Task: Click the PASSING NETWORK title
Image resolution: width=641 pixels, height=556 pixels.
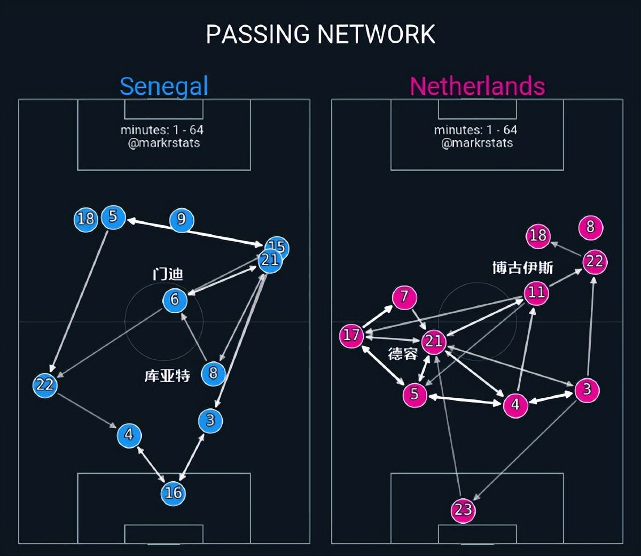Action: (x=320, y=34)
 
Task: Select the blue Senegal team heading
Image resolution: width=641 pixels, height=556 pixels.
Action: (x=163, y=87)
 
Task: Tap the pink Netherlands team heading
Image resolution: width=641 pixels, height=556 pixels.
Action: (x=477, y=86)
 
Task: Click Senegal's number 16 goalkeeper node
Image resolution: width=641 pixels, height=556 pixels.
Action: (x=173, y=492)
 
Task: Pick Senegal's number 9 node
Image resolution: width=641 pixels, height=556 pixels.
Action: (x=181, y=220)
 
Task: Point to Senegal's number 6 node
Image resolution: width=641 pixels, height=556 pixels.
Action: (x=175, y=299)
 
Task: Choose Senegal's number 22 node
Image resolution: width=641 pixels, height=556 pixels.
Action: (x=45, y=385)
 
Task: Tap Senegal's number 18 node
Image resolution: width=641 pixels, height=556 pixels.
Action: (x=85, y=219)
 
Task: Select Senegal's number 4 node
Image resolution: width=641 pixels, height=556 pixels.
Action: (x=129, y=435)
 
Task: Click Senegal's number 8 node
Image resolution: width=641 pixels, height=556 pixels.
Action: (x=213, y=373)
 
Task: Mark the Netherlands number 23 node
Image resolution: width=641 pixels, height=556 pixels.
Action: (x=463, y=510)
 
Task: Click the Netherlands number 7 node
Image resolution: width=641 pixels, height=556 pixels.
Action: (x=404, y=297)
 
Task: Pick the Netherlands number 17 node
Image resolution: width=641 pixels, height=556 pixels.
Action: (x=351, y=335)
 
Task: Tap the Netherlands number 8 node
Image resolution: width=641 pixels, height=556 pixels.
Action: (x=590, y=227)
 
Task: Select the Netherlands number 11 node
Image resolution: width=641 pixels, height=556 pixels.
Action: (x=536, y=292)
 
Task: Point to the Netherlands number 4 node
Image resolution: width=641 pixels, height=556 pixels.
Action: (x=515, y=405)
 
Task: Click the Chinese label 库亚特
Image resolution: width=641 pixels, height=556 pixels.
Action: (x=167, y=376)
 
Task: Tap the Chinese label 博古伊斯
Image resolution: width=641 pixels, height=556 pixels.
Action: (x=522, y=267)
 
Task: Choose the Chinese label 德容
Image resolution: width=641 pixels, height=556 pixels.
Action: (x=402, y=353)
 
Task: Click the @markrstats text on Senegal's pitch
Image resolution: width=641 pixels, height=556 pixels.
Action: (x=164, y=143)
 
